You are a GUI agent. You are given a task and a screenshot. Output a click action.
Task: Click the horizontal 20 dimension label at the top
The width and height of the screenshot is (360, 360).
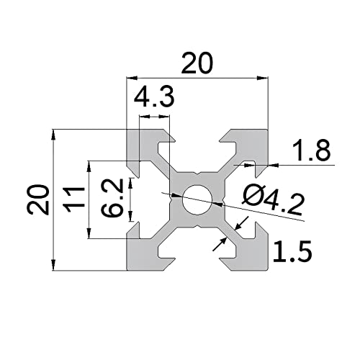[x=197, y=63]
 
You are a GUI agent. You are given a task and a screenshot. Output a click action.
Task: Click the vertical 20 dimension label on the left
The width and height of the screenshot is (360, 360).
[x=38, y=199]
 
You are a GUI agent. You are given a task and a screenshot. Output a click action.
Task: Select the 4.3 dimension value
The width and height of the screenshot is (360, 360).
[x=154, y=98]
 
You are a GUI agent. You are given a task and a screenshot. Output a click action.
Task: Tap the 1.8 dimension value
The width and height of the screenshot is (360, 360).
[x=310, y=151]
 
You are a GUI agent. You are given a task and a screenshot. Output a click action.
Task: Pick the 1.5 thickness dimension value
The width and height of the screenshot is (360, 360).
[x=292, y=251]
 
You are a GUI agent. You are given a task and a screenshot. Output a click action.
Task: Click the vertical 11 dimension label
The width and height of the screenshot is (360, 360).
[x=74, y=199]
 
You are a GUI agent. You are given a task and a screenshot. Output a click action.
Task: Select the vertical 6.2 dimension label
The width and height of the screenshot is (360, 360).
[x=112, y=198]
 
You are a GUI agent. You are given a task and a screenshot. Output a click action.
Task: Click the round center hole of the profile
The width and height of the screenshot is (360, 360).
[x=197, y=200]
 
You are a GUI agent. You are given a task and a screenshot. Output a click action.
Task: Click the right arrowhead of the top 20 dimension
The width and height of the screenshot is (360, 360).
[x=262, y=78]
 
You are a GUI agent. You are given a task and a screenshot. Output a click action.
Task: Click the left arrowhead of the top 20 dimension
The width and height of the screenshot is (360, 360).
[x=132, y=78]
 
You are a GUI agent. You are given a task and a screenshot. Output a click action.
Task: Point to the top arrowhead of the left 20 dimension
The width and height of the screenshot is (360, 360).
[x=54, y=135]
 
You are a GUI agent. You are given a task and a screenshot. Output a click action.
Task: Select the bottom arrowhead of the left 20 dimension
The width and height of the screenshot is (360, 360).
[x=54, y=265]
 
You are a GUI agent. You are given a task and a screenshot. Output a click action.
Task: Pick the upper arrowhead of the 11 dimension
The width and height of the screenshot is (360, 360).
[x=89, y=166]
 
